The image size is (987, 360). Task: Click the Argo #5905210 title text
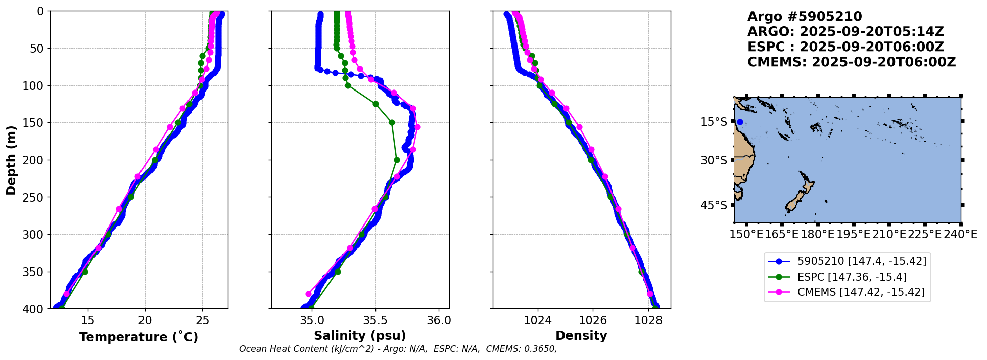pyautogui.click(x=805, y=17)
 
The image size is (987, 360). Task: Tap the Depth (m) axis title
pyautogui.click(x=11, y=160)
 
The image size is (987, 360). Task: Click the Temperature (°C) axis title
pyautogui.click(x=138, y=337)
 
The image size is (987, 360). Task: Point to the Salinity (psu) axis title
pyautogui.click(x=360, y=336)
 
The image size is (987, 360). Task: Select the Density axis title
pyautogui.click(x=581, y=336)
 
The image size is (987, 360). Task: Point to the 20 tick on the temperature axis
pyautogui.click(x=145, y=320)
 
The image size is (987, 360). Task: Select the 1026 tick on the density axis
pyautogui.click(x=593, y=320)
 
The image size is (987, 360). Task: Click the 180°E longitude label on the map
pyautogui.click(x=818, y=234)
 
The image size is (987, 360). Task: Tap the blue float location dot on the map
pyautogui.click(x=740, y=122)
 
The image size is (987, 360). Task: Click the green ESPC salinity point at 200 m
pyautogui.click(x=397, y=160)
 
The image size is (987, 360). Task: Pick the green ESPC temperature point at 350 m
pyautogui.click(x=85, y=272)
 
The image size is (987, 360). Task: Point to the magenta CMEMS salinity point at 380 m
pyautogui.click(x=308, y=294)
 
